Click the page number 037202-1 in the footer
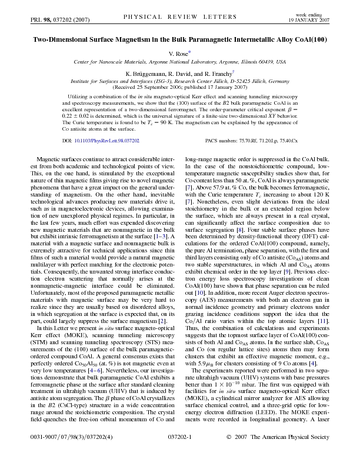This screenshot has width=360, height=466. click(180, 454)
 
